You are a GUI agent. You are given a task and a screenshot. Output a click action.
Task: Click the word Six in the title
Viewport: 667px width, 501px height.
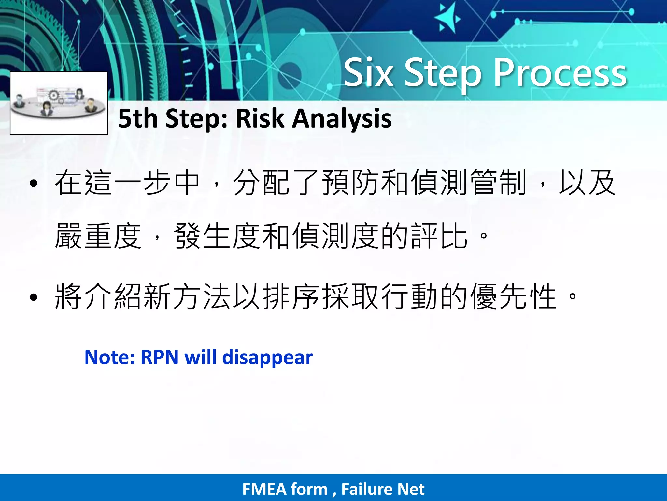pyautogui.click(x=368, y=73)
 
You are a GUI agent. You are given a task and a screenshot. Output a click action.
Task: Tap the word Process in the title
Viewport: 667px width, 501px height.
pyautogui.click(x=560, y=73)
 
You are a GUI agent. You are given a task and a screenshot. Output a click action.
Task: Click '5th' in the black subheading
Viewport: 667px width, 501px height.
pyautogui.click(x=139, y=118)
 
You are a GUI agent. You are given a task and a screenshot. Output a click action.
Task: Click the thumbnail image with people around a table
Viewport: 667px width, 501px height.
pyautogui.click(x=59, y=103)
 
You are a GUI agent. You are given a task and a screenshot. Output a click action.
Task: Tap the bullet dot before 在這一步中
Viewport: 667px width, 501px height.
pyautogui.click(x=34, y=184)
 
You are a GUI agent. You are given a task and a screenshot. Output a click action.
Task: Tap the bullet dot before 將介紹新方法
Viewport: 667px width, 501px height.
pyautogui.click(x=34, y=297)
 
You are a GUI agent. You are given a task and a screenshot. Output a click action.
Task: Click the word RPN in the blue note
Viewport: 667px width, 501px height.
pyautogui.click(x=159, y=357)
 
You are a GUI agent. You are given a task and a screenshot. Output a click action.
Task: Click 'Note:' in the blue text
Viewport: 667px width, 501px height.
pyautogui.click(x=109, y=357)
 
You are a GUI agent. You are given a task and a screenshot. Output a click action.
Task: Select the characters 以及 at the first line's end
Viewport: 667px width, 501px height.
pyautogui.click(x=587, y=183)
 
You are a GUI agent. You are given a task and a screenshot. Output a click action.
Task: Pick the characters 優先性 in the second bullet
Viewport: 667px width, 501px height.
pyautogui.click(x=513, y=296)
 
